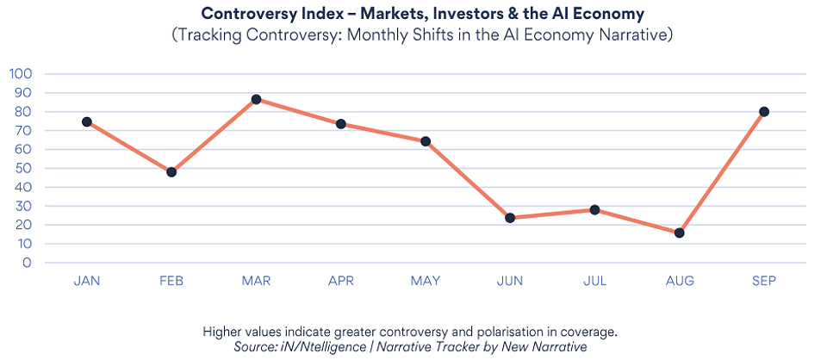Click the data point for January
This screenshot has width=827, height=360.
click(x=87, y=121)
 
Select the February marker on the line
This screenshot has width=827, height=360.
click(x=171, y=172)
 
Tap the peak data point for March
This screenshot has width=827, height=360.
click(x=256, y=99)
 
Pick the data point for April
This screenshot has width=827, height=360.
click(x=341, y=124)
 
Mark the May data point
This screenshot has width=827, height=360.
click(x=426, y=141)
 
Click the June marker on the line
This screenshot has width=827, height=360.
click(x=510, y=218)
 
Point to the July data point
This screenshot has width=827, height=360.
click(x=594, y=210)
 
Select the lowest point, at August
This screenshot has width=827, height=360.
click(x=680, y=233)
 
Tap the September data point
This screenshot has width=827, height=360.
click(x=764, y=111)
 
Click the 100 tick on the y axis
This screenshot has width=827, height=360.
click(x=20, y=73)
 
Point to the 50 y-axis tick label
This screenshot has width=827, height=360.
click(x=24, y=168)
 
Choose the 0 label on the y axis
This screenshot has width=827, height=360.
click(x=28, y=263)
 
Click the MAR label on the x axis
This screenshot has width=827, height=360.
click(x=256, y=282)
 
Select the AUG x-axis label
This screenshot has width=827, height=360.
click(x=680, y=282)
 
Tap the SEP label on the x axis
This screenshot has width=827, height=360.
click(x=764, y=282)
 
